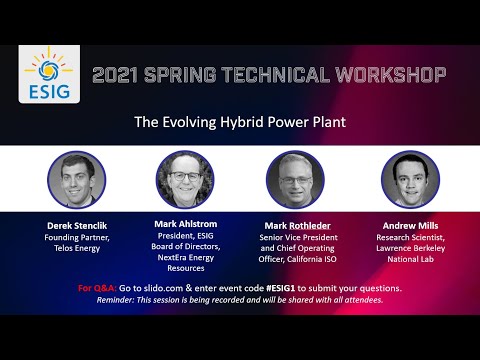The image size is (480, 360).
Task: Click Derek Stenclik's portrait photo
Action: (76, 179)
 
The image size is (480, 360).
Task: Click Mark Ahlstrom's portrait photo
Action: (185, 179)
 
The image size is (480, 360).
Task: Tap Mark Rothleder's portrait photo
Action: (295, 179)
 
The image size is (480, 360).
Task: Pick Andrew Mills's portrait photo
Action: (410, 179)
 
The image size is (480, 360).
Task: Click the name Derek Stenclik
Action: (76, 225)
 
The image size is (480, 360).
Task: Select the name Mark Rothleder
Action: (296, 225)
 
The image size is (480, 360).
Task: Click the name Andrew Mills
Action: (410, 225)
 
